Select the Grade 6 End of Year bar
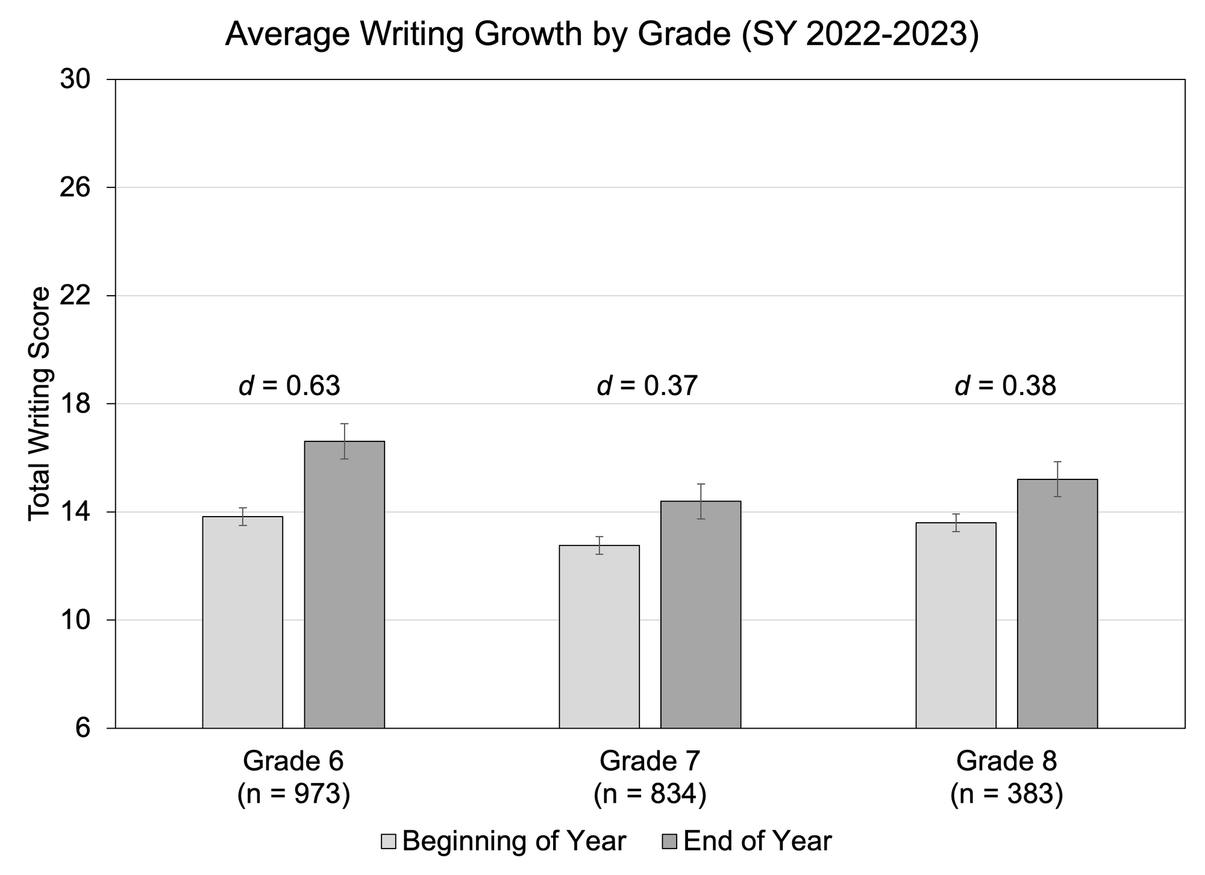(344, 584)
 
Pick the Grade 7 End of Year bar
(701, 614)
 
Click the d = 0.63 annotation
(290, 386)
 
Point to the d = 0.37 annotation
(647, 386)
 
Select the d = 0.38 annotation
(1005, 386)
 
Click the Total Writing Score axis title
(40, 403)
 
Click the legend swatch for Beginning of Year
(389, 841)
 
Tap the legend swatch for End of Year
(669, 841)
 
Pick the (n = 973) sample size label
(293, 794)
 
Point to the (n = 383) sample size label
(1006, 794)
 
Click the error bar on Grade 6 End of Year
(344, 441)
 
